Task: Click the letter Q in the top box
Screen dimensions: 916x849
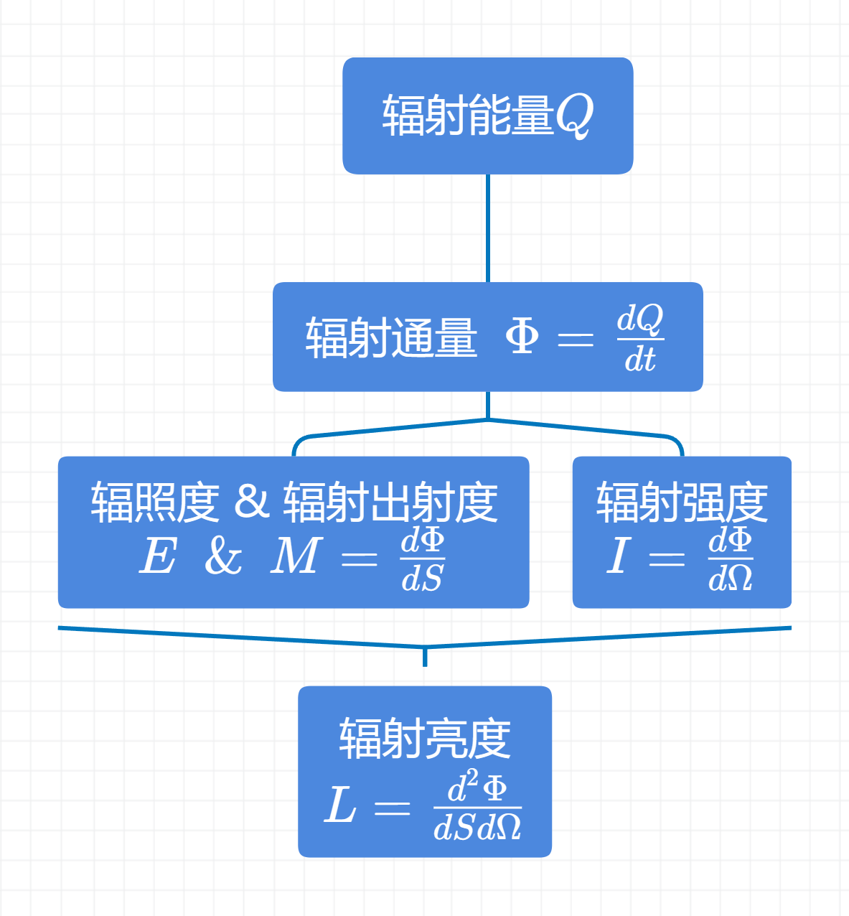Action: click(574, 116)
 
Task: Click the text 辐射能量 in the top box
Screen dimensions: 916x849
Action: click(467, 116)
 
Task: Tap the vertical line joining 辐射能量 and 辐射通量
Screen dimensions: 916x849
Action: click(488, 228)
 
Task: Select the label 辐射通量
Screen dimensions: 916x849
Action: click(391, 337)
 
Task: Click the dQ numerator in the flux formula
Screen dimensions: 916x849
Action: click(640, 319)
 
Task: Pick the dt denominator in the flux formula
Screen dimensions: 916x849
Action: click(640, 359)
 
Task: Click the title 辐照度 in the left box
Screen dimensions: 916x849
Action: click(154, 502)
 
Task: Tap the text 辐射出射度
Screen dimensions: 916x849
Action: click(390, 502)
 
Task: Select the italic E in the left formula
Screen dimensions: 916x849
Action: click(158, 556)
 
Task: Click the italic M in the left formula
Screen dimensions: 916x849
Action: click(295, 556)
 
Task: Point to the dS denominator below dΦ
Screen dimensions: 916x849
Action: click(422, 579)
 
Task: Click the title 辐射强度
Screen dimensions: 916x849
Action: click(682, 502)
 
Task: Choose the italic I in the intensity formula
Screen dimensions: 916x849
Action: click(617, 556)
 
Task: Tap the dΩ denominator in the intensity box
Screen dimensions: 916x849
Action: click(731, 579)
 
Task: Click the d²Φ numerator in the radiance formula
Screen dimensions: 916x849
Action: click(477, 787)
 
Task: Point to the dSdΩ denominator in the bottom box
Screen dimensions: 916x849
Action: click(477, 828)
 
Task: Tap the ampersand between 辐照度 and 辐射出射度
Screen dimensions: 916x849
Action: click(251, 502)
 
